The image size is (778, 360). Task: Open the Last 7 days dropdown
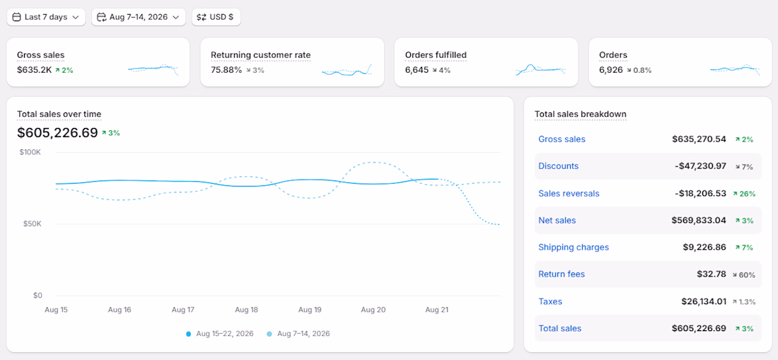pyautogui.click(x=46, y=17)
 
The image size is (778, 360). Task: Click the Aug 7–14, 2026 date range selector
pyautogui.click(x=139, y=17)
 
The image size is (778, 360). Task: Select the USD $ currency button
pyautogui.click(x=216, y=17)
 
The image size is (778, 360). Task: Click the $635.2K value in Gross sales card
pyautogui.click(x=34, y=70)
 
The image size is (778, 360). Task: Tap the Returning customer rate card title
pyautogui.click(x=260, y=54)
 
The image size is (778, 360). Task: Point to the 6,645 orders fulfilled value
pyautogui.click(x=417, y=70)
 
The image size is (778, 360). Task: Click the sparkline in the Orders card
pyautogui.click(x=734, y=69)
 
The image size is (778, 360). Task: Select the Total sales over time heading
pyautogui.click(x=59, y=114)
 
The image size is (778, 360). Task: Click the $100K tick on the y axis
pyautogui.click(x=30, y=152)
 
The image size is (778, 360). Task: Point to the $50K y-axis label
pyautogui.click(x=33, y=223)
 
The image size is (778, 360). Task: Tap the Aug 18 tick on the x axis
pyautogui.click(x=247, y=310)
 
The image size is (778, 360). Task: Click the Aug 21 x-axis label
pyautogui.click(x=436, y=310)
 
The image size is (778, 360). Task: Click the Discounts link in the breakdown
pyautogui.click(x=558, y=166)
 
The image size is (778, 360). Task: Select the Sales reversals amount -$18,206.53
pyautogui.click(x=701, y=193)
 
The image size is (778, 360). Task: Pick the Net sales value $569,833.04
pyautogui.click(x=699, y=220)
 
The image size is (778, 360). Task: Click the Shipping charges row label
pyautogui.click(x=574, y=247)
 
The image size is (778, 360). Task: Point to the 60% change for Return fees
pyautogui.click(x=744, y=274)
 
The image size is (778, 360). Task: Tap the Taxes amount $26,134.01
pyautogui.click(x=704, y=301)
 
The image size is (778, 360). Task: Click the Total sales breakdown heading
pyautogui.click(x=581, y=114)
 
